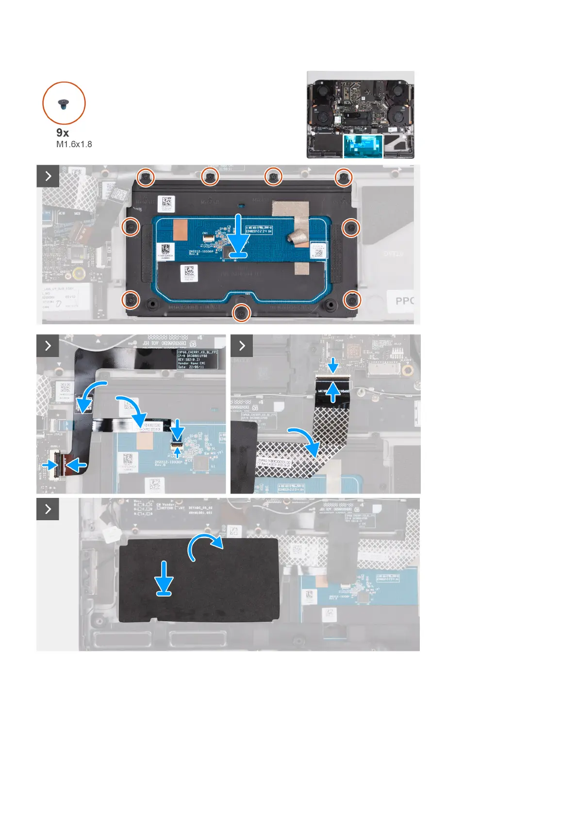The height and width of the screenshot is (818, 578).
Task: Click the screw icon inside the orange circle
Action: click(64, 103)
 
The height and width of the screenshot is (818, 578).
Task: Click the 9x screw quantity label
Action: click(63, 133)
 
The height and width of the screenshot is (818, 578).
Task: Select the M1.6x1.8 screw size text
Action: click(74, 144)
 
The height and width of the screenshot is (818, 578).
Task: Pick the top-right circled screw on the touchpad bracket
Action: click(344, 178)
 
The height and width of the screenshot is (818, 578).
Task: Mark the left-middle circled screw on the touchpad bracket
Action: click(131, 226)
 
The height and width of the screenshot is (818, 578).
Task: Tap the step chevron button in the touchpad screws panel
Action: click(48, 176)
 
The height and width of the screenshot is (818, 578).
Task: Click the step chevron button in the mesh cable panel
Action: click(242, 345)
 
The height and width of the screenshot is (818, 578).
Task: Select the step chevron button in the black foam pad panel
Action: click(48, 509)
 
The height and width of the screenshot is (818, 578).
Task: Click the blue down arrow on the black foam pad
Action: click(165, 578)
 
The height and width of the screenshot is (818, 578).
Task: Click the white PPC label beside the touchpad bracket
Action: click(404, 301)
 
